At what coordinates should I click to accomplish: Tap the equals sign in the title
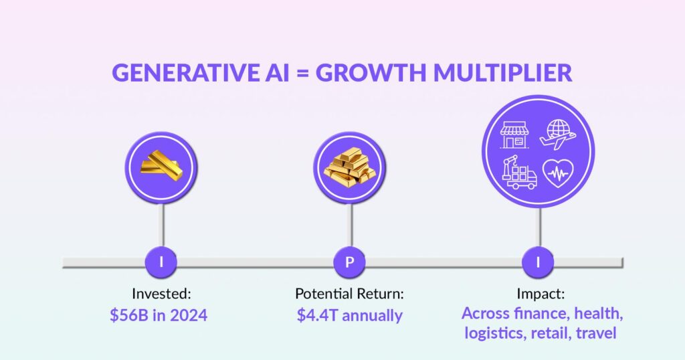[x=302, y=73]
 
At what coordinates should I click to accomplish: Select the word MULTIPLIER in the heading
[x=502, y=72]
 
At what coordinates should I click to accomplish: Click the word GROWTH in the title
[x=371, y=72]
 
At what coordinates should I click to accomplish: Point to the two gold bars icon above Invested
[x=161, y=165]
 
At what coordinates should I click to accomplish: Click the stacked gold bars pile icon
[x=349, y=167]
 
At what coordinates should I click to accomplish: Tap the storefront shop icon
[x=514, y=134]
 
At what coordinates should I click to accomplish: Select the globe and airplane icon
[x=557, y=134]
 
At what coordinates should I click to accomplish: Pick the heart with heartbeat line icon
[x=558, y=173]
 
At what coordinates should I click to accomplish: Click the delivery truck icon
[x=519, y=173]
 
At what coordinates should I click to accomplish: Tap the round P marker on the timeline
[x=349, y=262]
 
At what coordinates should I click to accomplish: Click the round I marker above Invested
[x=161, y=262]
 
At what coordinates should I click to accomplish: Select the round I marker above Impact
[x=538, y=262]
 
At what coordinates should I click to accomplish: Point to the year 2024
[x=189, y=315]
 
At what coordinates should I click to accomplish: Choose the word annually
[x=372, y=316]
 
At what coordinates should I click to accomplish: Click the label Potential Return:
[x=349, y=294]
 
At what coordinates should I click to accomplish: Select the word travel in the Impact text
[x=596, y=333]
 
